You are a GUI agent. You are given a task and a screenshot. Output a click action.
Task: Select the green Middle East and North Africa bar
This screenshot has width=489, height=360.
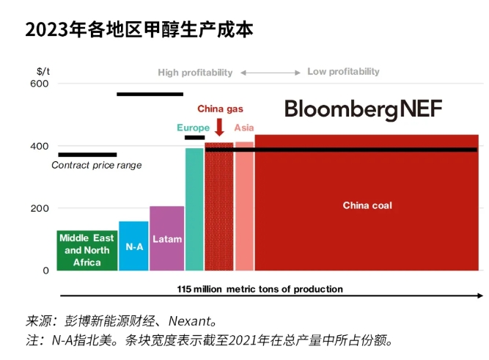(x=87, y=250)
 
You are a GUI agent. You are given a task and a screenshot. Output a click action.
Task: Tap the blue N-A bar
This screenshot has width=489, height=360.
(x=133, y=246)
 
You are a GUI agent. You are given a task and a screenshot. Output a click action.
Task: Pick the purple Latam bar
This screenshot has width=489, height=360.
(x=167, y=239)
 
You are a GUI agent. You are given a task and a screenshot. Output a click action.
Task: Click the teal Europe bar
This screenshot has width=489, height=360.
(x=194, y=209)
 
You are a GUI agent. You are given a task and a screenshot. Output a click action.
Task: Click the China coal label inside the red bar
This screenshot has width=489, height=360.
(x=367, y=205)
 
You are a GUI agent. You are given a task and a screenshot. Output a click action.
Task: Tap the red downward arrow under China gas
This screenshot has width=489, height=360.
(x=219, y=126)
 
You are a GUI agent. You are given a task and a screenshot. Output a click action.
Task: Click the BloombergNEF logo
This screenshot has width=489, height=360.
(x=363, y=109)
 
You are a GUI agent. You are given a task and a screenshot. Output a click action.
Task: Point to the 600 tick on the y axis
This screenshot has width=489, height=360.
(x=40, y=84)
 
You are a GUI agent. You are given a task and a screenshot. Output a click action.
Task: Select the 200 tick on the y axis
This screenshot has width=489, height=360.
(x=40, y=208)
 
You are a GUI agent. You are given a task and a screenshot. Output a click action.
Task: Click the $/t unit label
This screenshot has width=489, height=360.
(x=43, y=71)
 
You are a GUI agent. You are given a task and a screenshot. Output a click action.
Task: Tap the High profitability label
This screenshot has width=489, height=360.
(x=195, y=73)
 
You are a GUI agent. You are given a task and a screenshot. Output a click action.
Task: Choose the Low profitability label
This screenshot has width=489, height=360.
(x=343, y=72)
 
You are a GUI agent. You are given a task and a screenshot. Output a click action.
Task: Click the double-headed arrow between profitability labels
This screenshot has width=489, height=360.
(x=271, y=73)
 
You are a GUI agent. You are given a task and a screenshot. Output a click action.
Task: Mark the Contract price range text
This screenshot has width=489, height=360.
(x=96, y=166)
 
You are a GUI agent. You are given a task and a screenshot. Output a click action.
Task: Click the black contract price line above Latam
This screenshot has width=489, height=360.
(x=150, y=94)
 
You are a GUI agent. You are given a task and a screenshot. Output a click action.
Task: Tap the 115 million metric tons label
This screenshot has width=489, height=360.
(x=260, y=289)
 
